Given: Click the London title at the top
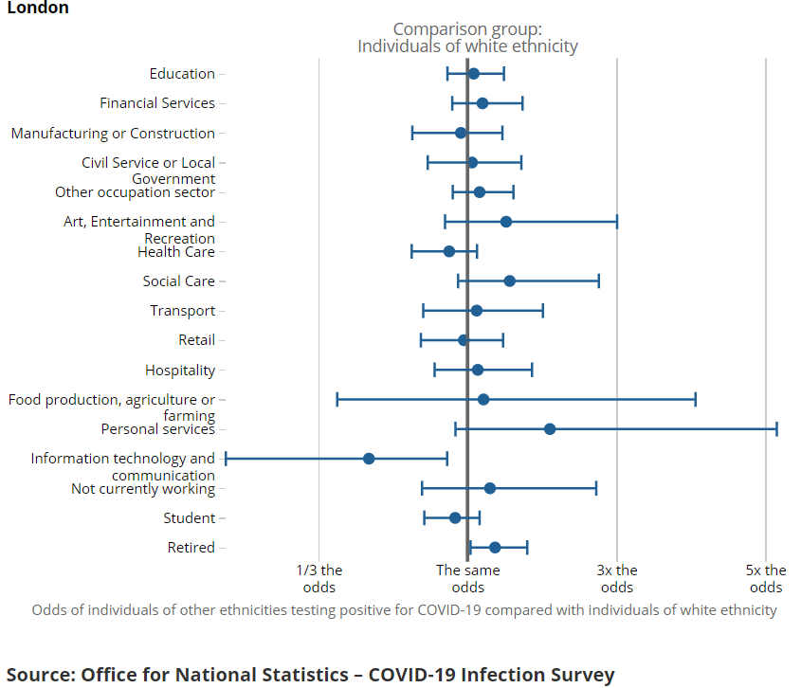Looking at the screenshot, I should point(37,9).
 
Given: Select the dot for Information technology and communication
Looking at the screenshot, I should point(369,459).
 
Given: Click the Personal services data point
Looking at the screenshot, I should point(550,429).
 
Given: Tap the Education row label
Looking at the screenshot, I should point(182,74).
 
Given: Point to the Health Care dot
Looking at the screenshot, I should point(449,251).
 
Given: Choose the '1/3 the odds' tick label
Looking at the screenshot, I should point(319,578).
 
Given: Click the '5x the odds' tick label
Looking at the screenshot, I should point(766,578).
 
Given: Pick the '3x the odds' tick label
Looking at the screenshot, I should point(617,578).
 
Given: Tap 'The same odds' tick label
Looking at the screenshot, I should point(468,578).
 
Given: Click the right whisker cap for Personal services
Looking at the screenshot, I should point(777,429).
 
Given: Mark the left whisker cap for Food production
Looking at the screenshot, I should point(337,399).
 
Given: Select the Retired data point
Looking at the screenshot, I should point(495,548).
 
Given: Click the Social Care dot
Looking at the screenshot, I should point(510,281).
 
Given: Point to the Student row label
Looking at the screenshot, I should point(189,518).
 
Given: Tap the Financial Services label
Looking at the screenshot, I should point(157,103).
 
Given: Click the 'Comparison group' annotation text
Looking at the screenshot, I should point(467,38).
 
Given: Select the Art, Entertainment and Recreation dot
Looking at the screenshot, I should point(506,222).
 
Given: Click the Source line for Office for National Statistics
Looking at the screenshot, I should point(311,675).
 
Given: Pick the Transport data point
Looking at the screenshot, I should point(477,311).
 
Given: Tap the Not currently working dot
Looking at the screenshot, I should point(490,488).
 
